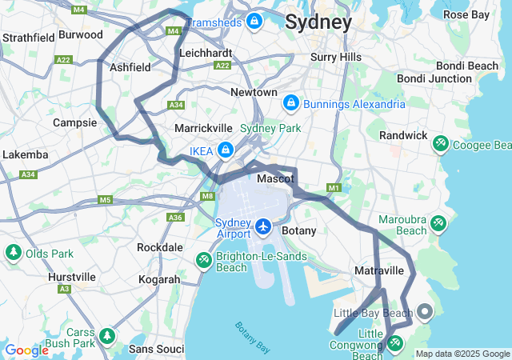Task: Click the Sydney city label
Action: (x=318, y=22)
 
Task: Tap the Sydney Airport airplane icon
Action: (x=263, y=226)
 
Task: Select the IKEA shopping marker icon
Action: (x=226, y=150)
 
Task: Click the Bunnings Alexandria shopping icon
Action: (x=291, y=103)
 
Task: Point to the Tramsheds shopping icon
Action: (x=254, y=21)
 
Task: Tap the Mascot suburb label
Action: (x=275, y=179)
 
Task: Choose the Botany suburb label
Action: (x=299, y=230)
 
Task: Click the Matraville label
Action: (x=378, y=271)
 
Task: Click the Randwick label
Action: (x=403, y=135)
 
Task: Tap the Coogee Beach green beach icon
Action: (x=440, y=144)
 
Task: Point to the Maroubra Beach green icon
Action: (x=438, y=222)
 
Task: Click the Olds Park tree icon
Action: (x=13, y=253)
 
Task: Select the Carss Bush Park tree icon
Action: (x=107, y=334)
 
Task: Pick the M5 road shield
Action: (x=106, y=199)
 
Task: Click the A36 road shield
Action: (x=175, y=218)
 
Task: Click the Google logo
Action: (x=26, y=350)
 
